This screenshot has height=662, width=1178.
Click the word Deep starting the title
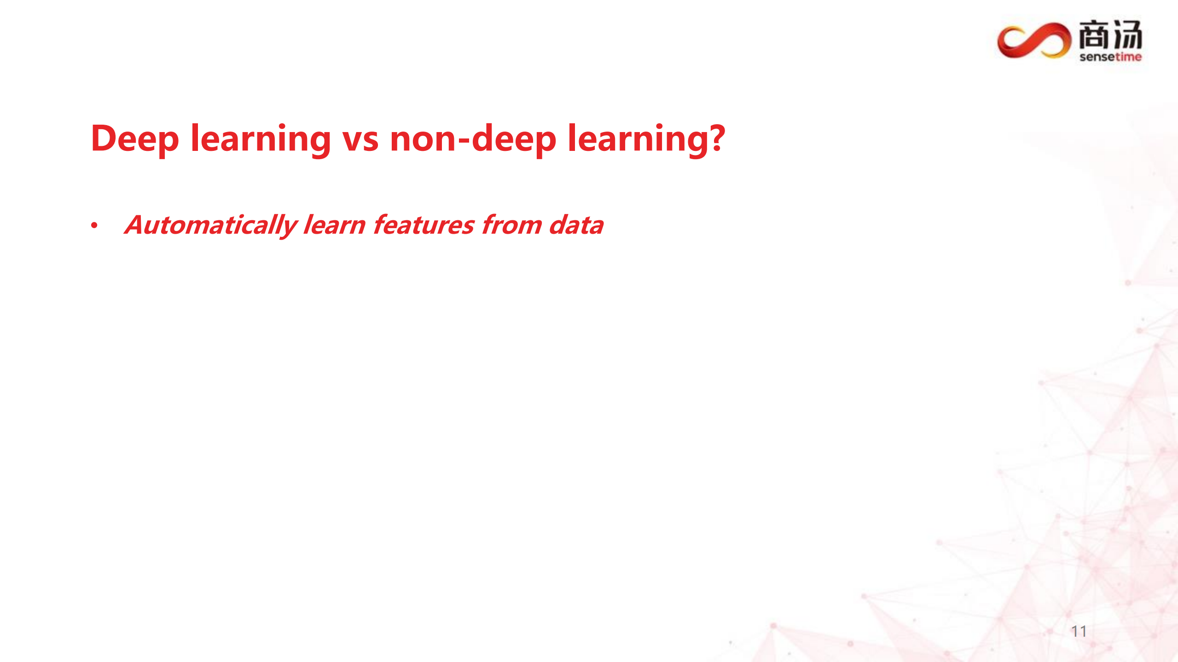pyautogui.click(x=135, y=139)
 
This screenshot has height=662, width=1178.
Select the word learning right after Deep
pyautogui.click(x=261, y=139)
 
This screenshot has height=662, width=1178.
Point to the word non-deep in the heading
pyautogui.click(x=473, y=139)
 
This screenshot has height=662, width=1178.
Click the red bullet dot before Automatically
pyautogui.click(x=94, y=225)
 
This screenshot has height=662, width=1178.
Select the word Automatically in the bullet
pyautogui.click(x=210, y=225)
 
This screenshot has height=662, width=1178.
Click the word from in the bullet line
pyautogui.click(x=512, y=225)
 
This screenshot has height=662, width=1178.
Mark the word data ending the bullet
pyautogui.click(x=576, y=225)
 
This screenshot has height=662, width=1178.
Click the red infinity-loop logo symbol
pyautogui.click(x=1034, y=41)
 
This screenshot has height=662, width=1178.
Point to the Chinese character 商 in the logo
pyautogui.click(x=1094, y=35)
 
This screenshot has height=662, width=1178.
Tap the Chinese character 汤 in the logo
pyautogui.click(x=1127, y=35)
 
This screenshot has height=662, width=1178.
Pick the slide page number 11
pyautogui.click(x=1079, y=631)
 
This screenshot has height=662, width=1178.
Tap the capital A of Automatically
pyautogui.click(x=136, y=225)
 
